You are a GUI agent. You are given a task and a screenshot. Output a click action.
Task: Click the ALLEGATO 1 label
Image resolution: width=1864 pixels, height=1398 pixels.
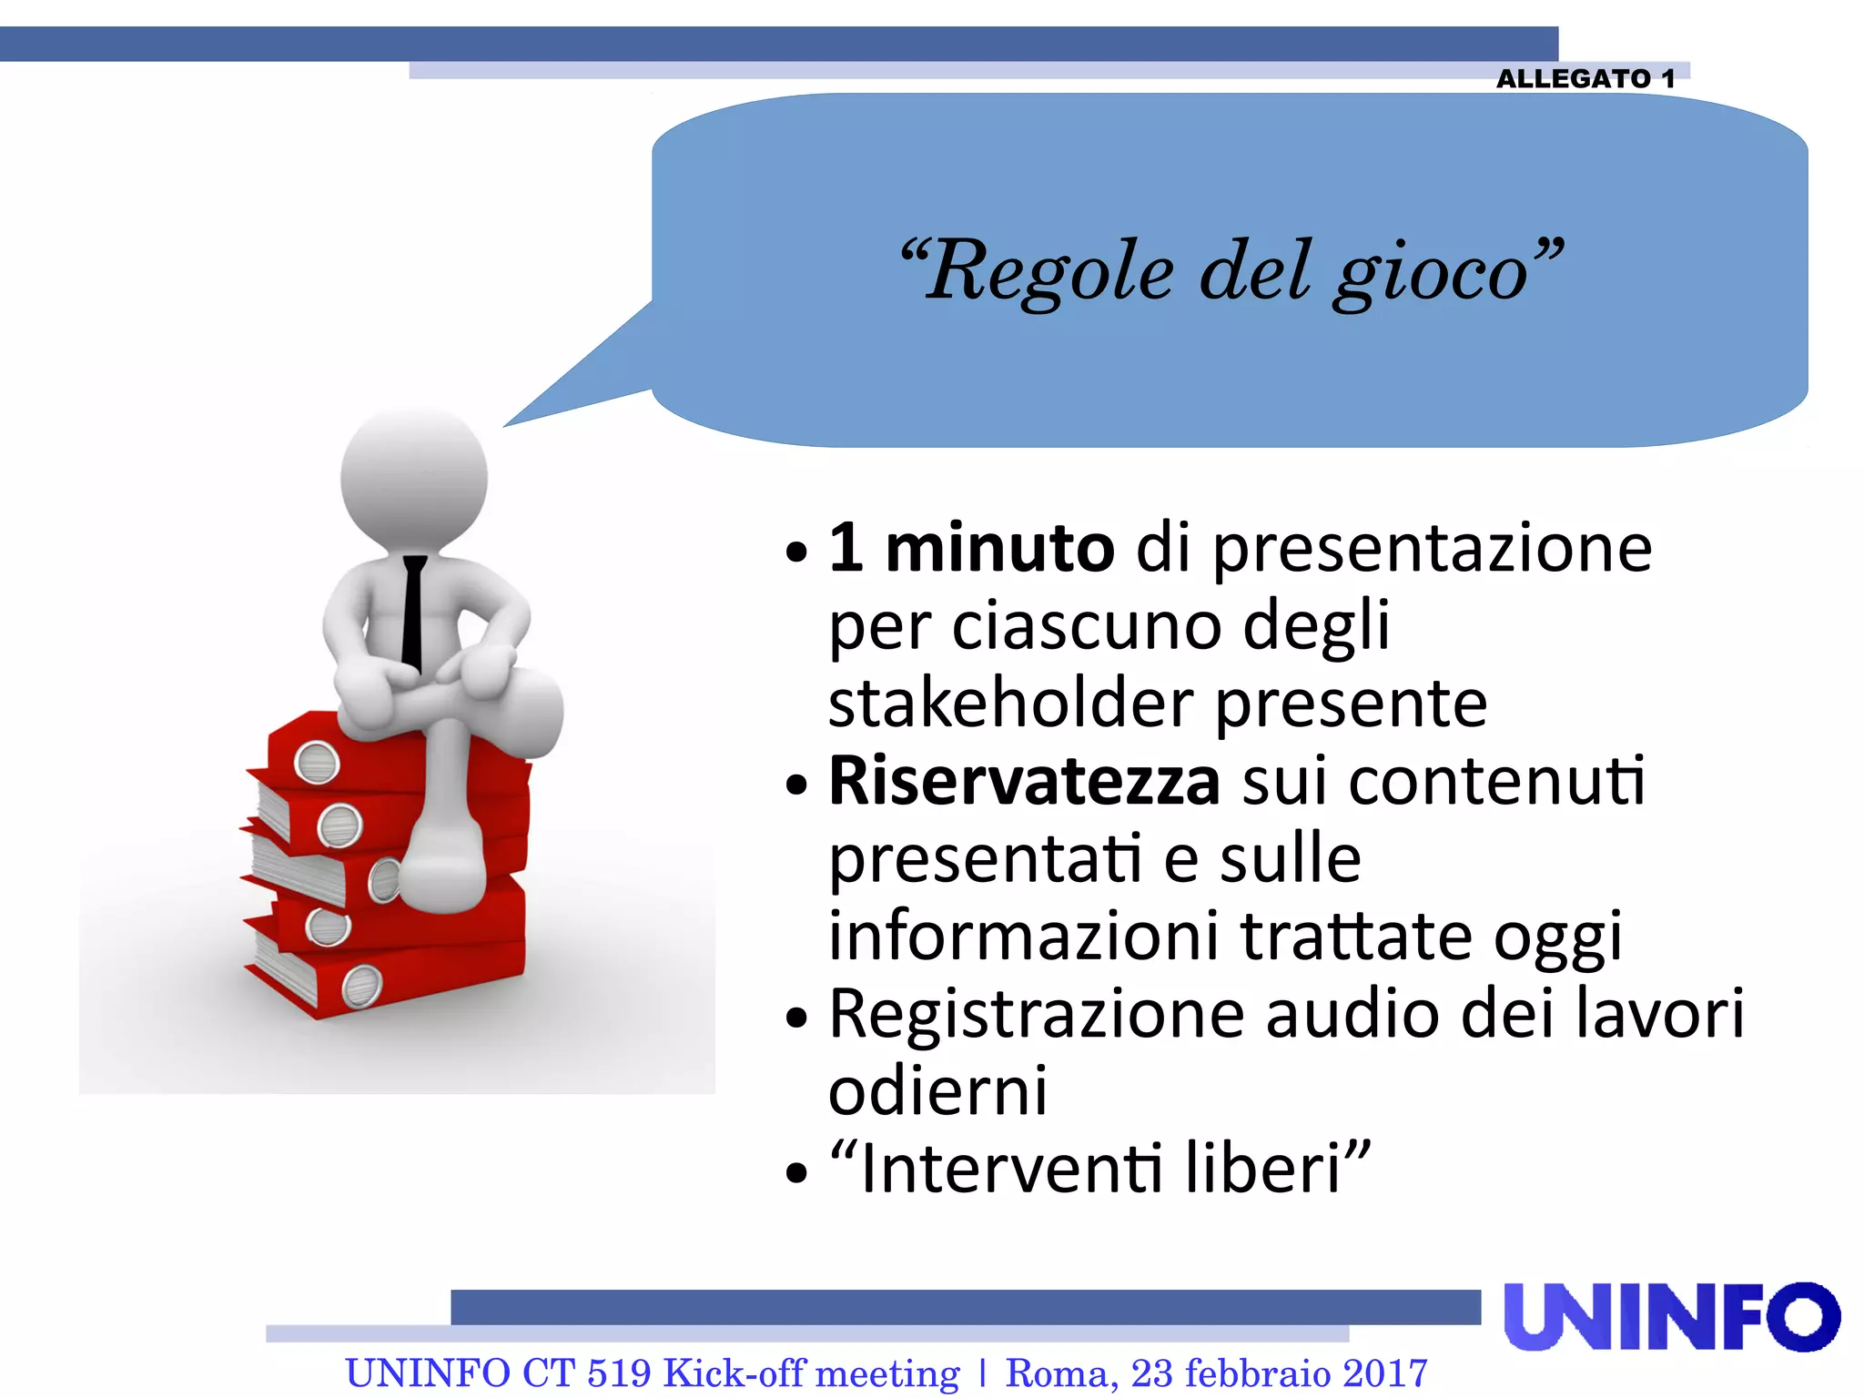pyautogui.click(x=1585, y=79)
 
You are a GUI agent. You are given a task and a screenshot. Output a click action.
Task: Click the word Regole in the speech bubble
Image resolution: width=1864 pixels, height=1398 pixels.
pyautogui.click(x=1049, y=271)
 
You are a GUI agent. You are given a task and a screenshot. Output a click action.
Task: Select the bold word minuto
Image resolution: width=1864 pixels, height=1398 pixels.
pyautogui.click(x=999, y=549)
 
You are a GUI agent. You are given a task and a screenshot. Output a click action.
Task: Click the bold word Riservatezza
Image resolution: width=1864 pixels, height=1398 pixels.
pyautogui.click(x=1023, y=782)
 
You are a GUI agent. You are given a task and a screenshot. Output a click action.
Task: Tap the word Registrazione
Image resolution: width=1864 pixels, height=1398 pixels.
pyautogui.click(x=1036, y=1014)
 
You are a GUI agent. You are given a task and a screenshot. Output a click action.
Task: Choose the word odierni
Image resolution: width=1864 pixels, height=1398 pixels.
pyautogui.click(x=937, y=1091)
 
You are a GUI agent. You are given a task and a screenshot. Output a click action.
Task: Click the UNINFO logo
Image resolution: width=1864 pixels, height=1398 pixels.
pyautogui.click(x=1671, y=1316)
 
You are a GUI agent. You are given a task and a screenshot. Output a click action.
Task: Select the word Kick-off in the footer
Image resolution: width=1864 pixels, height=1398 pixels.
pyautogui.click(x=734, y=1373)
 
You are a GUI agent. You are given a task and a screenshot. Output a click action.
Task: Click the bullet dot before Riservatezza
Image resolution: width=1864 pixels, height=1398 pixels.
pyautogui.click(x=796, y=785)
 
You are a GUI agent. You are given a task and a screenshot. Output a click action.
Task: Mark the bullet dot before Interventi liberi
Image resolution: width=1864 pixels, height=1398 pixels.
pyautogui.click(x=796, y=1173)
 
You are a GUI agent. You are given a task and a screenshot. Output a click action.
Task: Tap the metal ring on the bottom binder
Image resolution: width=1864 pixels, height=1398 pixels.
pyautogui.click(x=361, y=986)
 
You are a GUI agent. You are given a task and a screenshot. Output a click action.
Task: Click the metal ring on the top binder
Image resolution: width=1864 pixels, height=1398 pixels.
pyautogui.click(x=317, y=763)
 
